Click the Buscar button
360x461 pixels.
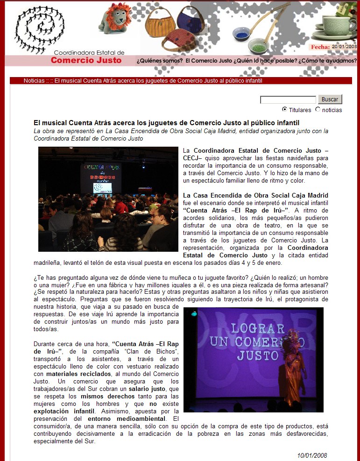coord(330,99)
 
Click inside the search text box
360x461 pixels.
coord(288,99)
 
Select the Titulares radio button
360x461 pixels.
coord(284,109)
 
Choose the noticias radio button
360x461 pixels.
coord(318,109)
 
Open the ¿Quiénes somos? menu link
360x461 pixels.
coord(159,61)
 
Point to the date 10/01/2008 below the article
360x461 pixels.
coord(312,455)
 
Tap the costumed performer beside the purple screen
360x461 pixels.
coord(294,369)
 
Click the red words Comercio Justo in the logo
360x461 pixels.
coord(86,60)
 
